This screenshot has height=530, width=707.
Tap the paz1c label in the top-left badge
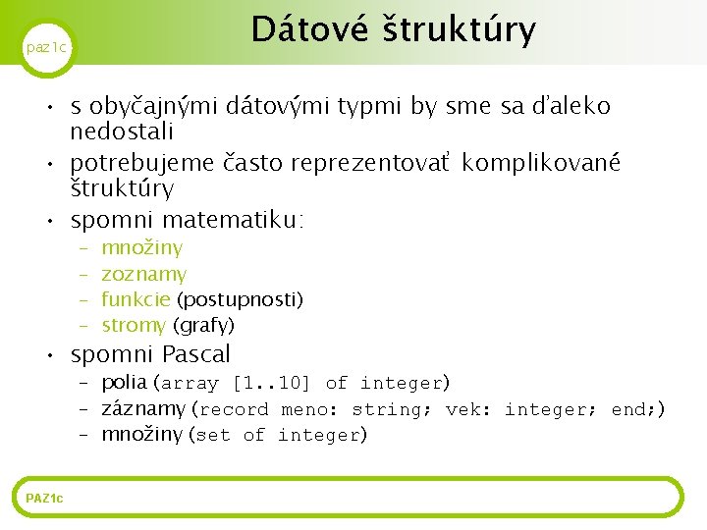[46, 47]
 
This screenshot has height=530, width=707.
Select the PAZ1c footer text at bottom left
[44, 499]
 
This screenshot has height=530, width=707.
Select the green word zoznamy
[143, 275]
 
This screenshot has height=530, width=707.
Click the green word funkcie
[136, 299]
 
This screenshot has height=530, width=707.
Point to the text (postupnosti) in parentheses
[240, 299]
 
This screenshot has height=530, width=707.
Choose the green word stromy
[134, 325]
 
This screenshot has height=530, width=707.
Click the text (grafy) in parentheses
[203, 325]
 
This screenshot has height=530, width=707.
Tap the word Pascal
[195, 354]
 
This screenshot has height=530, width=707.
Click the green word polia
[124, 383]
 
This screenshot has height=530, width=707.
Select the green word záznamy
[143, 408]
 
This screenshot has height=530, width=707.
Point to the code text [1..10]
[271, 383]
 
